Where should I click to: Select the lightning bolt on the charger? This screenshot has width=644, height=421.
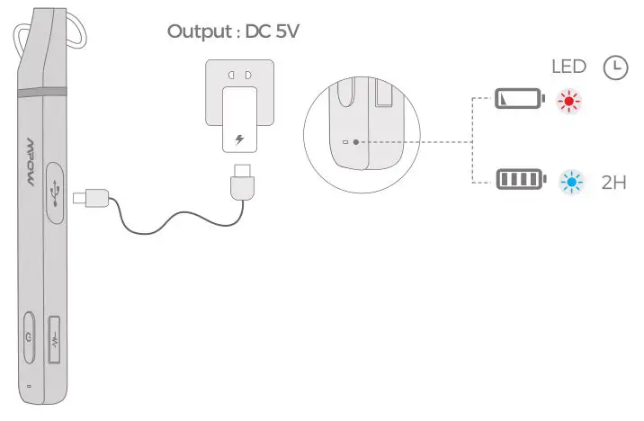coord(238,140)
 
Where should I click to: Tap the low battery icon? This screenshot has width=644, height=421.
coord(520,98)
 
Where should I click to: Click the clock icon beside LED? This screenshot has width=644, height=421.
coord(615,67)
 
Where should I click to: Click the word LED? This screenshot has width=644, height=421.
coord(568,67)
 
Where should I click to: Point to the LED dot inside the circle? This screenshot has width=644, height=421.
coord(357,142)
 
